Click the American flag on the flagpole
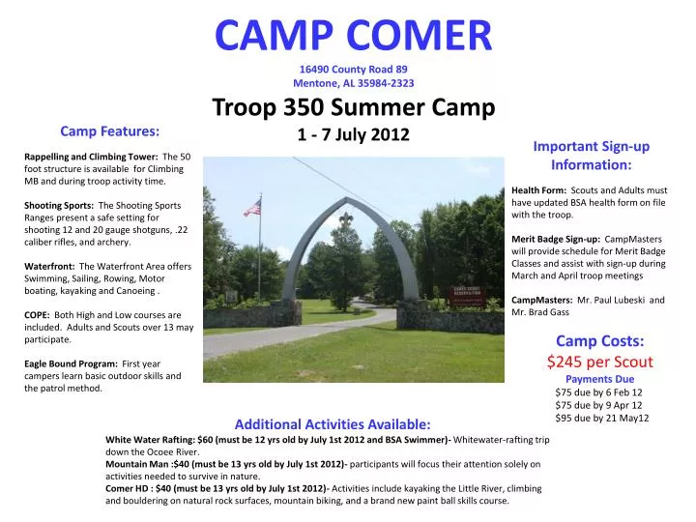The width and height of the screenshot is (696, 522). click(252, 207)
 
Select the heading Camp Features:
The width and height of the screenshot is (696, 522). click(110, 130)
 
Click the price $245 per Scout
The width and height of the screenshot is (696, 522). click(600, 362)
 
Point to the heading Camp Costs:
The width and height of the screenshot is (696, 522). click(600, 339)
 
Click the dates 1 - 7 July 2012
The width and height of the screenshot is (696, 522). click(353, 135)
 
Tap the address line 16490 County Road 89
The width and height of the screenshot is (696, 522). click(353, 69)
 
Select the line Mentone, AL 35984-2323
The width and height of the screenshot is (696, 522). click(353, 83)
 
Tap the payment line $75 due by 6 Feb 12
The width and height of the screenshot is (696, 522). click(598, 392)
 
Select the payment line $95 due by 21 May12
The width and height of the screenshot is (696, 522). click(601, 418)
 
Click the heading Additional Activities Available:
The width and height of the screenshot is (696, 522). click(333, 424)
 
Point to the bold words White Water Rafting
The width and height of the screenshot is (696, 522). click(149, 439)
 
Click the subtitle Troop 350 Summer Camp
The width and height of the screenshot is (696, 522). click(353, 106)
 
